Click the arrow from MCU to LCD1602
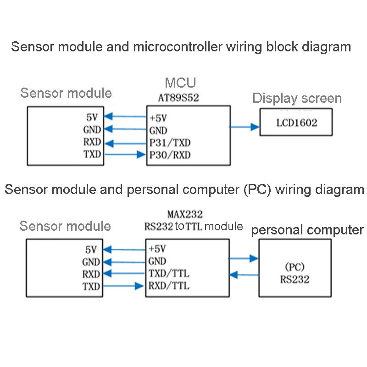pyautogui.click(x=245, y=127)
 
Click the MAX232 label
pyautogui.click(x=185, y=214)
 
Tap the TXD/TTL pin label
pyautogui.click(x=169, y=274)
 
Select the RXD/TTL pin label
pyautogui.click(x=169, y=286)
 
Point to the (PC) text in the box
pyautogui.click(x=295, y=267)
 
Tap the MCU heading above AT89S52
pyautogui.click(x=180, y=83)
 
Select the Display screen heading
pyautogui.click(x=297, y=98)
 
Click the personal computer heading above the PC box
pyautogui.click(x=307, y=230)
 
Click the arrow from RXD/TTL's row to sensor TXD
pyautogui.click(x=124, y=287)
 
